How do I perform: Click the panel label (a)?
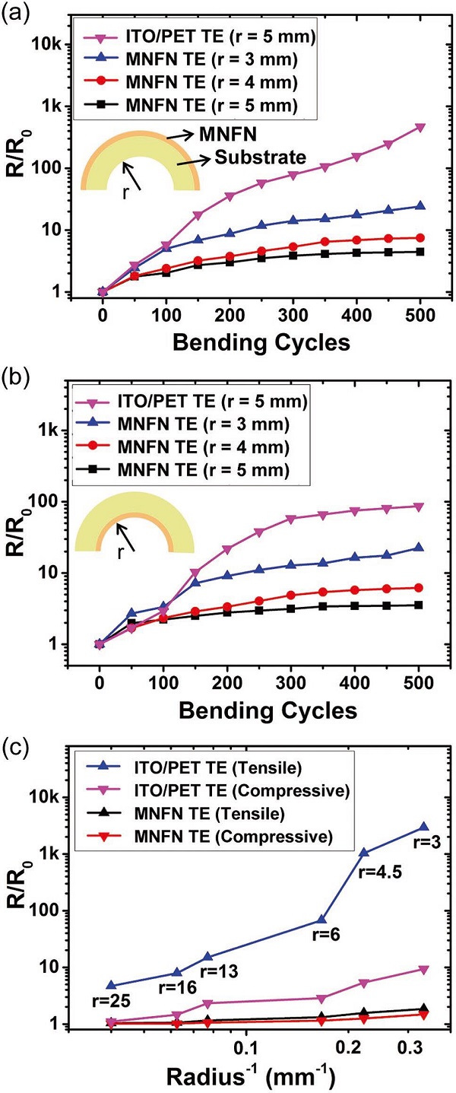(x=16, y=13)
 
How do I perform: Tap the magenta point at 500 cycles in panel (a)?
(x=420, y=128)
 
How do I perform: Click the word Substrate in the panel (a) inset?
(x=260, y=157)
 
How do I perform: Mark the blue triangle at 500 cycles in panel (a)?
(x=420, y=206)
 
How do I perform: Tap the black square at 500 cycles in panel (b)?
(x=420, y=605)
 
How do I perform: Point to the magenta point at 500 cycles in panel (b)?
(x=420, y=507)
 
